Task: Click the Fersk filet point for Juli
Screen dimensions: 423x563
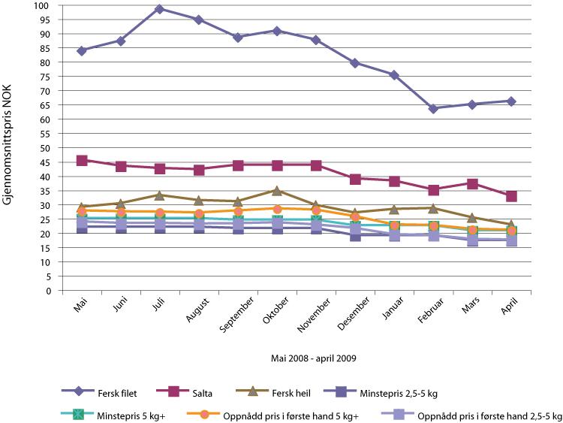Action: coord(159,9)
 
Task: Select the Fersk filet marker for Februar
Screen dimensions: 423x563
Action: coord(433,108)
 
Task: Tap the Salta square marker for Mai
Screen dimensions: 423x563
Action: coord(81,161)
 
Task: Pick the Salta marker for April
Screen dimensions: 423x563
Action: coord(511,196)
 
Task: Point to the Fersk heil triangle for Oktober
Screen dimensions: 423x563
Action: coord(277,191)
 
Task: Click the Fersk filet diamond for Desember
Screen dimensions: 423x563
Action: coord(355,63)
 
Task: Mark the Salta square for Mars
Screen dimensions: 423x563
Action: coord(472,184)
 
